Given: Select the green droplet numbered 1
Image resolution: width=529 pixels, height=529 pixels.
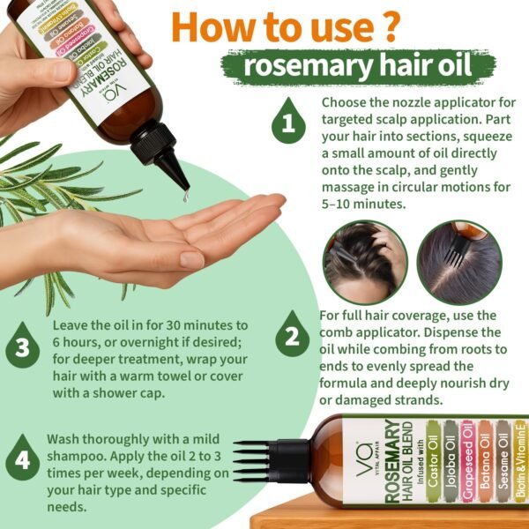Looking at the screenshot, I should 287,122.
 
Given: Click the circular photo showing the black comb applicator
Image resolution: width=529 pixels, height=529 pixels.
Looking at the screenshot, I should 458,262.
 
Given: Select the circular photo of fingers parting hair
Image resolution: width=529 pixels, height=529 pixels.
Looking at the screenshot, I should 364,262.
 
